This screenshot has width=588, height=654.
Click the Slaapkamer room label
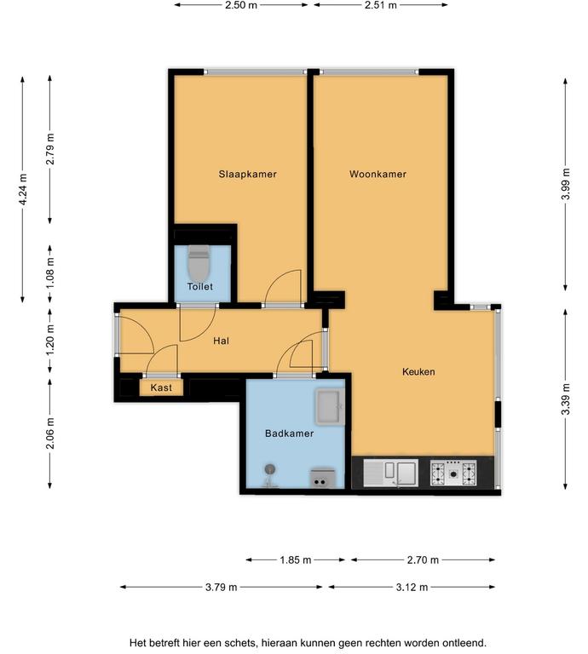click(247, 174)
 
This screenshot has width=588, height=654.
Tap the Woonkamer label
click(378, 174)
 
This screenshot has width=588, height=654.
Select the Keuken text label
click(418, 371)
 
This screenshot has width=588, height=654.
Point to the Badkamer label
click(289, 433)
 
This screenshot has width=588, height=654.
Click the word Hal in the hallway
click(222, 341)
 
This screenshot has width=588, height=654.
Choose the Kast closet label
click(161, 388)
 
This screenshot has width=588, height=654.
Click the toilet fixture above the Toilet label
click(199, 264)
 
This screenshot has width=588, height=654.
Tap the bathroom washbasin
click(330, 406)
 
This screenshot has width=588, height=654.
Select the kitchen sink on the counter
click(390, 473)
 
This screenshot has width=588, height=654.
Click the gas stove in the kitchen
click(453, 473)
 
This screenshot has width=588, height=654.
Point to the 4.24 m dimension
click(23, 189)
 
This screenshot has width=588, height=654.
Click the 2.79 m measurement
click(50, 149)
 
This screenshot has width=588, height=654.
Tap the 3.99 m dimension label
click(566, 184)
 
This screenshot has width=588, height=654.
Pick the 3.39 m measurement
click(566, 399)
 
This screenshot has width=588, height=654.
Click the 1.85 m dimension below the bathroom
click(296, 559)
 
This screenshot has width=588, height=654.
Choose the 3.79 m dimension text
click(222, 588)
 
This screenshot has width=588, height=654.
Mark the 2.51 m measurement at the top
click(381, 5)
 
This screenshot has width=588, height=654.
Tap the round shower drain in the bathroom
click(270, 469)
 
